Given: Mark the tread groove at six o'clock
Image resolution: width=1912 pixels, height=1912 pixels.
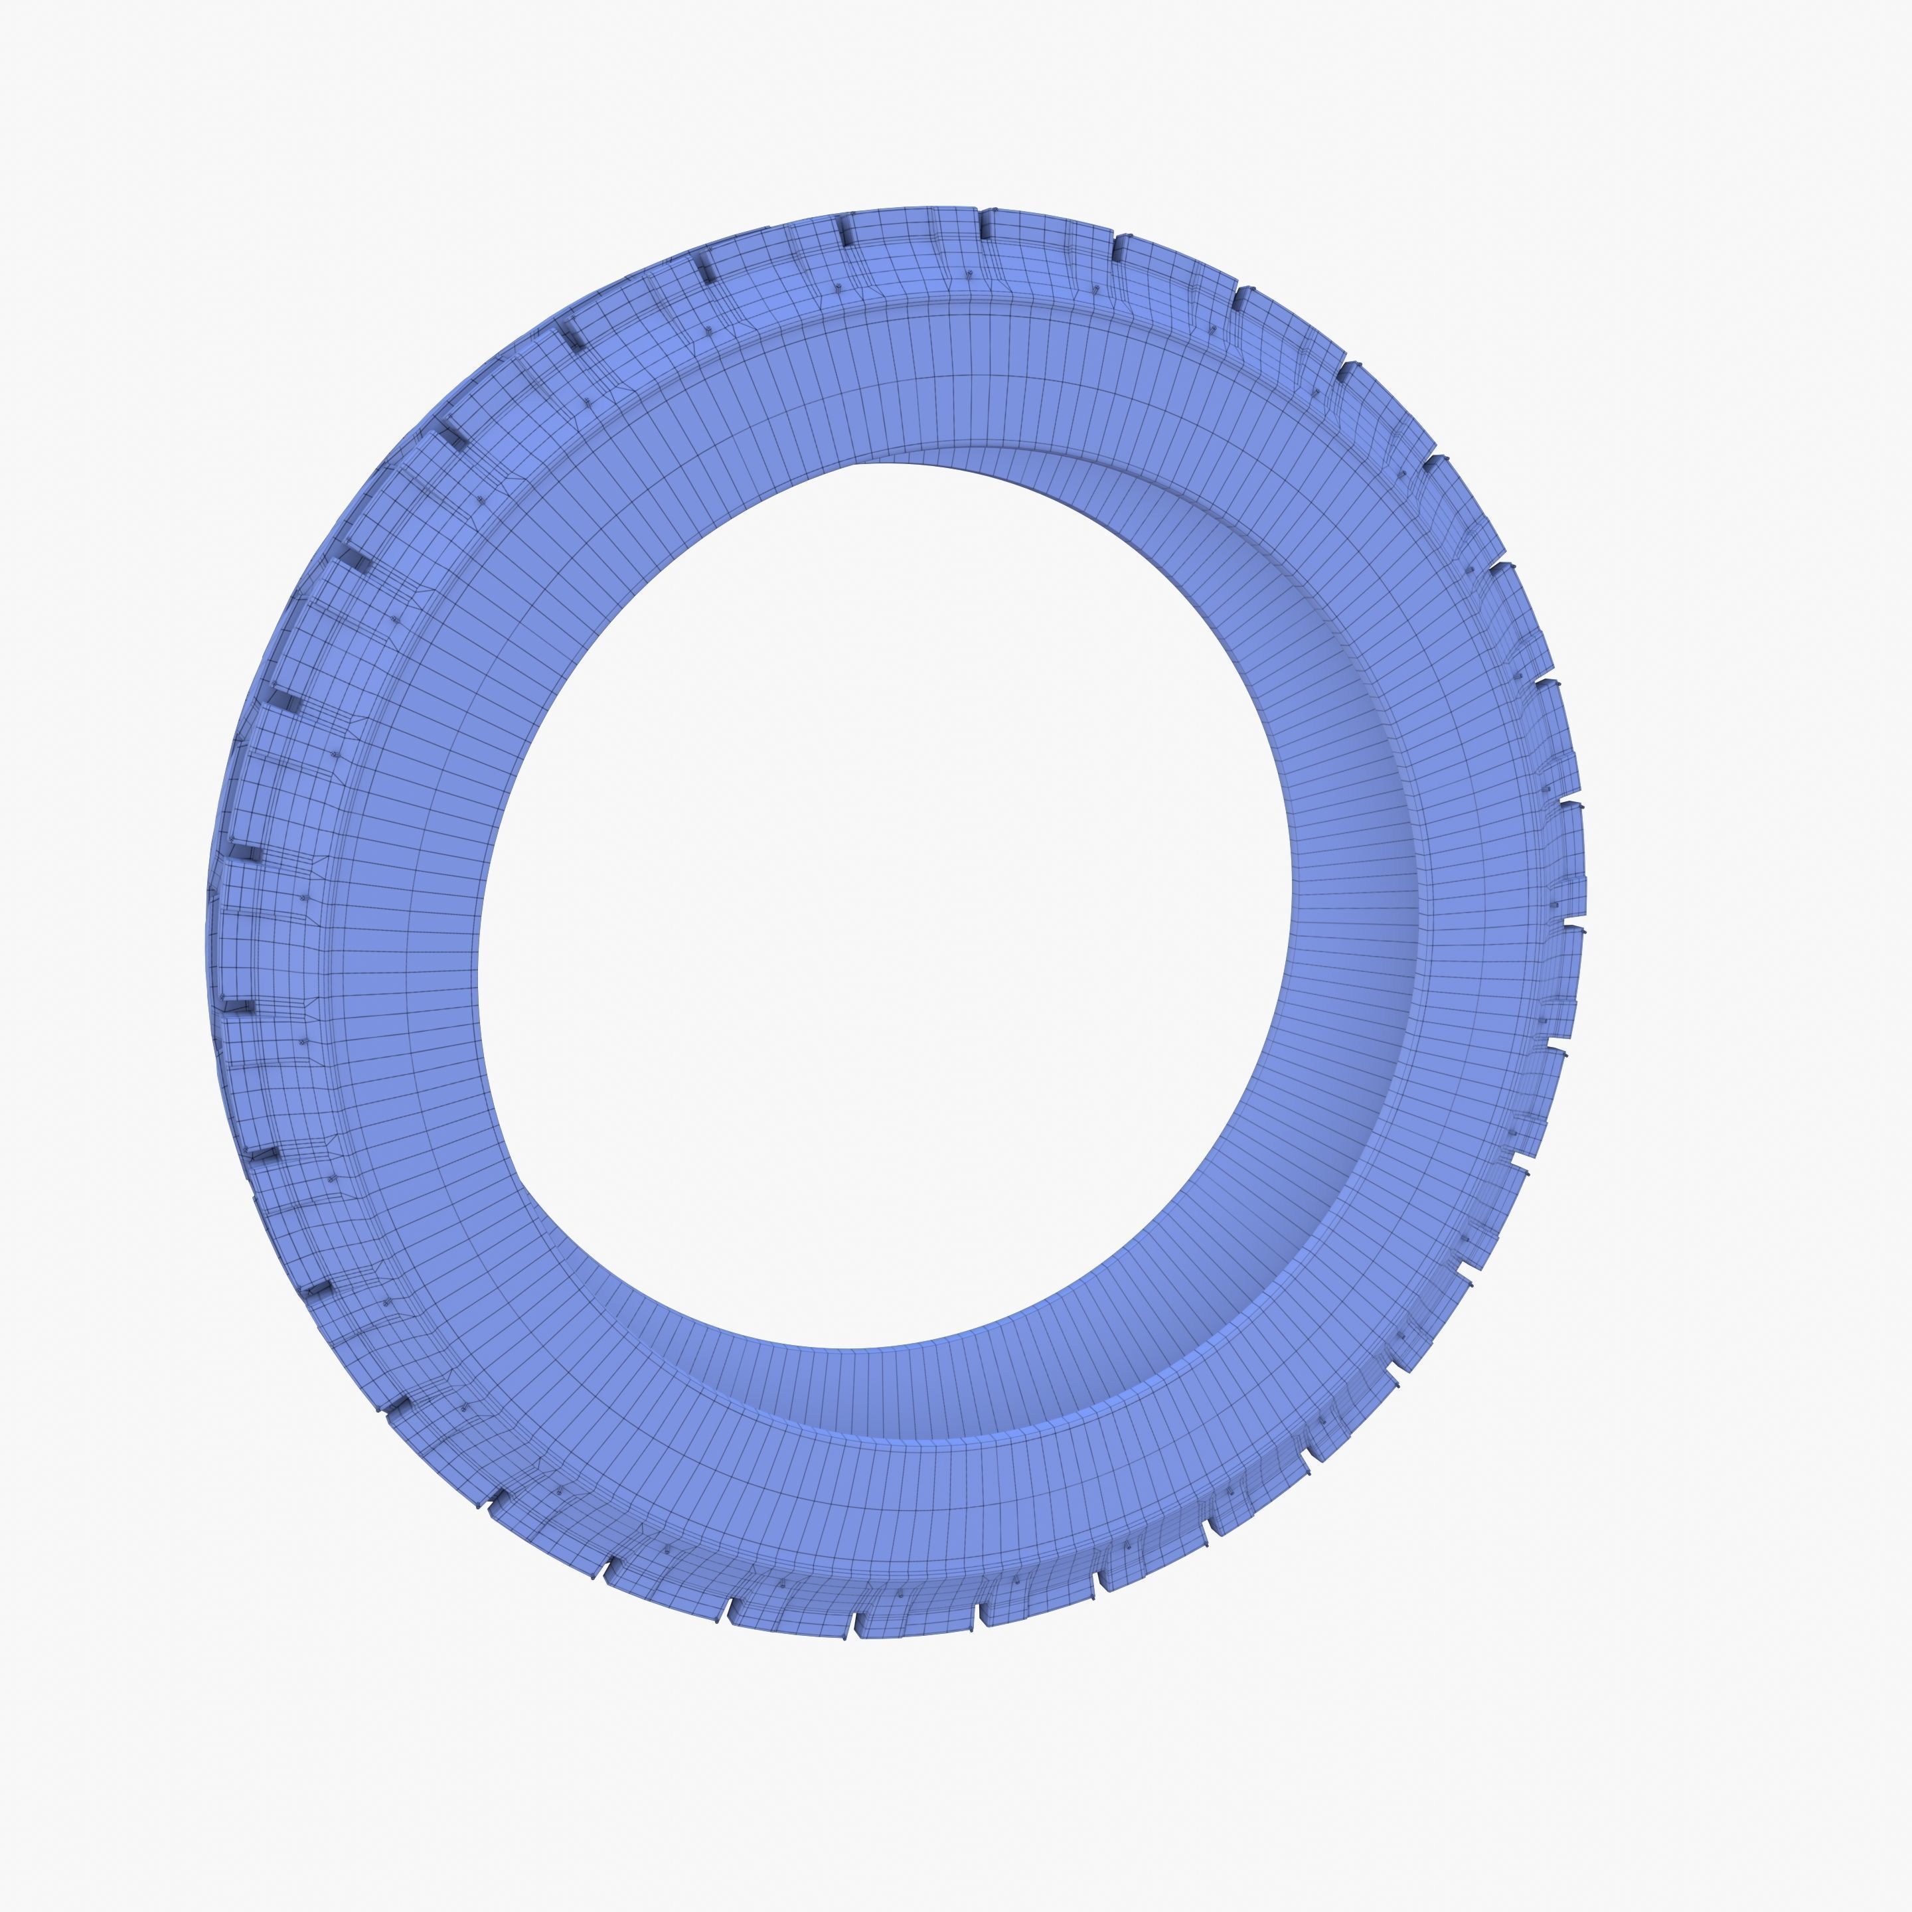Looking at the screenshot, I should pos(859,1623).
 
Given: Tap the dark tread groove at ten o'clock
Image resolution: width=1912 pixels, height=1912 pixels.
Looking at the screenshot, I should pos(358,562).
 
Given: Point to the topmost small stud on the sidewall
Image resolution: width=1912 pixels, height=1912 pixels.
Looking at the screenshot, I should pos(970,274).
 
